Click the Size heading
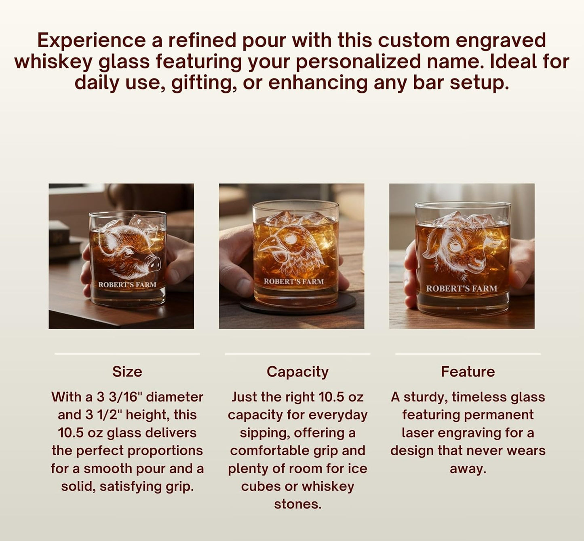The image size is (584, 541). click(x=127, y=372)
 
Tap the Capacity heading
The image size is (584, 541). click(x=297, y=372)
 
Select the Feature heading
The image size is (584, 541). click(x=468, y=372)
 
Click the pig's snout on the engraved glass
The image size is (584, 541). click(x=154, y=264)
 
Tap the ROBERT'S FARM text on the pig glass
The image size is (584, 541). click(x=127, y=285)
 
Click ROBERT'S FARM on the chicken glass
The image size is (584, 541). click(x=294, y=281)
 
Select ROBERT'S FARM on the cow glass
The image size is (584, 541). click(x=462, y=289)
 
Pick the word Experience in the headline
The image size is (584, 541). click(x=91, y=41)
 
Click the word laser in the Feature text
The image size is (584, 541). click(x=418, y=433)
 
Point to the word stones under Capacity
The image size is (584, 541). click(x=297, y=504)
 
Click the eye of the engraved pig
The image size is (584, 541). click(x=129, y=251)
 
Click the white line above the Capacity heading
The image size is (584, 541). click(x=297, y=354)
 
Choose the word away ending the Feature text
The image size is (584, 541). click(x=468, y=469)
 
